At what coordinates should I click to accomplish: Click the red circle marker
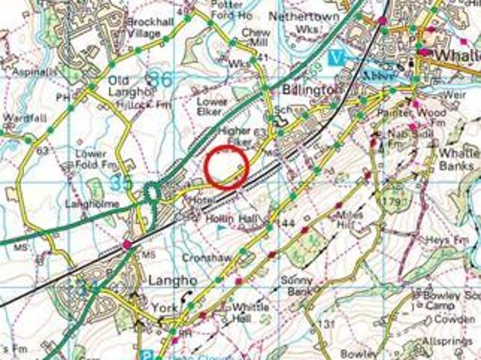point(226,166)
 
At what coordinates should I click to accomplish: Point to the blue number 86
point(159,77)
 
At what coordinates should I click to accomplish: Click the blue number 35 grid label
point(120,183)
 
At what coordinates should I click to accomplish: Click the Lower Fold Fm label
point(98,159)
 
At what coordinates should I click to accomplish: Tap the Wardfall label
point(19,117)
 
